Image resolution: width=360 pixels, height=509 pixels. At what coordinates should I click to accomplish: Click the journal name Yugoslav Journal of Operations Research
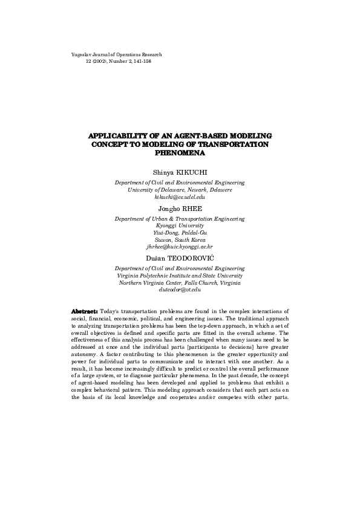click(116, 54)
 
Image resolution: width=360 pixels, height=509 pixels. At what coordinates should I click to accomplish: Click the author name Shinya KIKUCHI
click(180, 172)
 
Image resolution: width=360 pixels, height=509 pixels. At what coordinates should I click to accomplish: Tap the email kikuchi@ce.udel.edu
click(180, 196)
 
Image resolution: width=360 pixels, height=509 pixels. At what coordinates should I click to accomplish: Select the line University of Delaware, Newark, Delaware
click(180, 189)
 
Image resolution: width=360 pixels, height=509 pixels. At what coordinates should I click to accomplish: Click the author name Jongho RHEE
click(180, 208)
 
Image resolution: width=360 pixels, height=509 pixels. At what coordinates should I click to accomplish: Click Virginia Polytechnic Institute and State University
click(180, 275)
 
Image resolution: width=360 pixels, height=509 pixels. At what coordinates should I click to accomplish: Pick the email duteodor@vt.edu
click(180, 290)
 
